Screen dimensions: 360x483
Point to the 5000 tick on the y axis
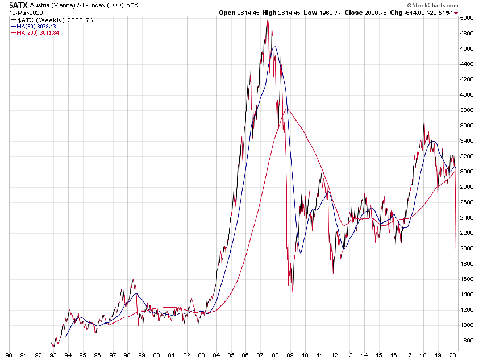click(467, 18)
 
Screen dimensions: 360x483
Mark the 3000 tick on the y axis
click(467, 172)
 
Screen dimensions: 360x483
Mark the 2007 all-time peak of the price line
click(267, 21)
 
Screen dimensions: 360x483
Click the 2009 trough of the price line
click(292, 293)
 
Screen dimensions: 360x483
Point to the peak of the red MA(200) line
click(288, 109)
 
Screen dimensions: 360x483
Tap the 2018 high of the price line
click(423, 122)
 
